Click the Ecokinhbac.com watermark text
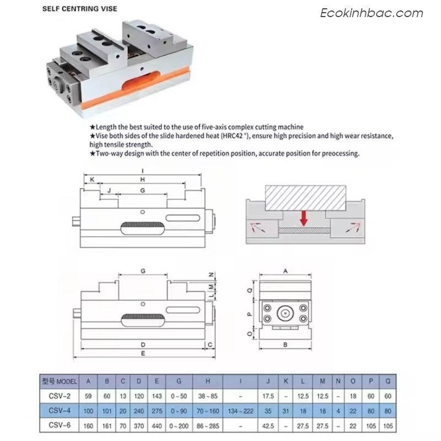pos(372,13)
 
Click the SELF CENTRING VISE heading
pos(79,9)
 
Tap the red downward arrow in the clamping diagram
pos(304,218)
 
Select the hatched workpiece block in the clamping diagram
pos(305,198)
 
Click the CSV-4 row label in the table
pos(60,411)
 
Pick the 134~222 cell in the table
pos(240,411)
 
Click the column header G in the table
pos(179,381)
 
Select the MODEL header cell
pos(60,381)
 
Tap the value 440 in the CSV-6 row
pos(157,426)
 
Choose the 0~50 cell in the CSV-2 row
pos(179,396)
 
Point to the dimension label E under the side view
pos(143,353)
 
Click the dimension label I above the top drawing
pos(143,171)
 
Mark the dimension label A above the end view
pos(286,271)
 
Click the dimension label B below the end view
pos(285,345)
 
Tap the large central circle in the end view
pos(285,313)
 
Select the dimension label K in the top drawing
pos(92,180)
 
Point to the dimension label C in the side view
pos(210,345)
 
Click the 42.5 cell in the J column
pos(268,426)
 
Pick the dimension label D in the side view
pos(143,345)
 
